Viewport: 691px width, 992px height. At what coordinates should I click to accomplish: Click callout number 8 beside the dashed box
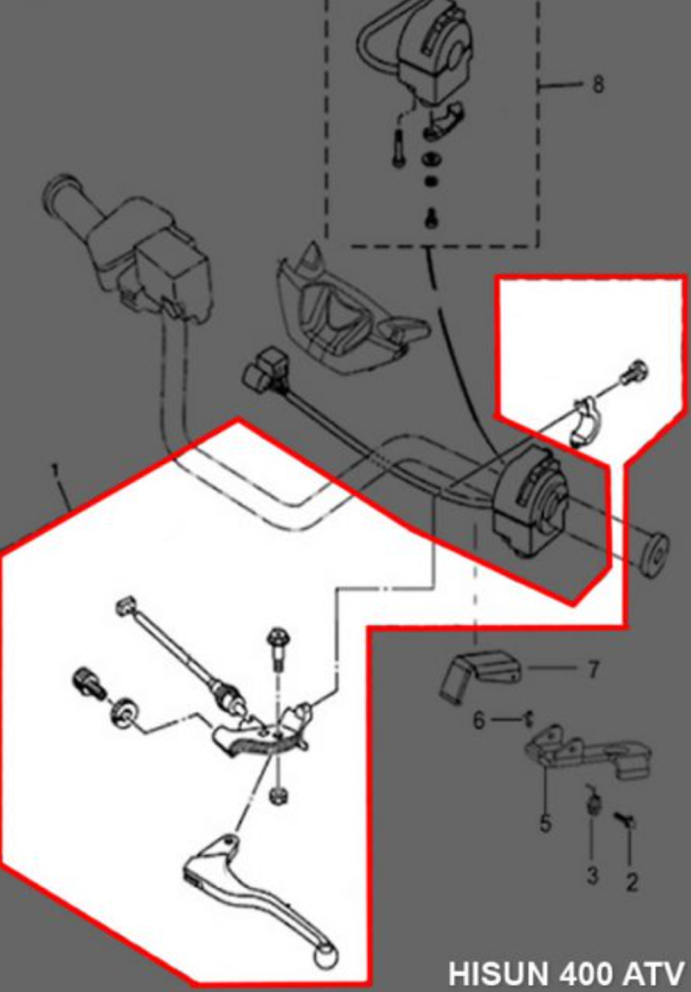pos(598,85)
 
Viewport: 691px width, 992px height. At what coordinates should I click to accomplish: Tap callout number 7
pos(593,671)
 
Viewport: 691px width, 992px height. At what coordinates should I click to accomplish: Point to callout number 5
pos(545,822)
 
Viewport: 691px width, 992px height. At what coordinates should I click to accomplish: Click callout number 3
pos(592,876)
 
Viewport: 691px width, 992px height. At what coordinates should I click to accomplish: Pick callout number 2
pos(632,880)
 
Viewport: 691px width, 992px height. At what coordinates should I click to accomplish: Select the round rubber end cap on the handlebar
pos(653,556)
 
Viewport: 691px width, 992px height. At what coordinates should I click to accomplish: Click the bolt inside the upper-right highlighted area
pos(632,375)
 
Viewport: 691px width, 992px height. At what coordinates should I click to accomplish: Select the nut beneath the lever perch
pos(279,795)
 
